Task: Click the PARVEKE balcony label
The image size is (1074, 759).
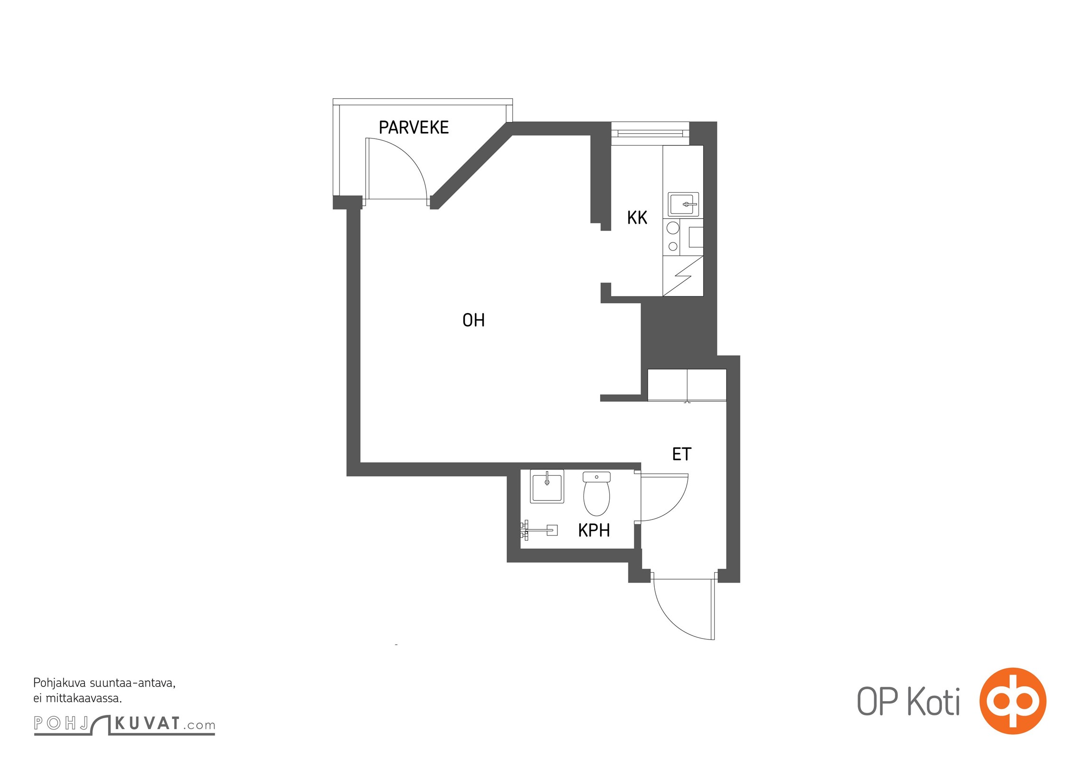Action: click(414, 128)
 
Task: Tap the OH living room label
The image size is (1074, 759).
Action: click(473, 320)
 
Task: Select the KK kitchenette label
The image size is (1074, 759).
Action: click(637, 218)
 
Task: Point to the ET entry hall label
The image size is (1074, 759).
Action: click(682, 454)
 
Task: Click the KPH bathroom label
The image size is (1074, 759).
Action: click(594, 530)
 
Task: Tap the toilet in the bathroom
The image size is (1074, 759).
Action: click(596, 494)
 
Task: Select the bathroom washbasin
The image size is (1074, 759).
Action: click(547, 486)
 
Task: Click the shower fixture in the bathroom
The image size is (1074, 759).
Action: click(539, 530)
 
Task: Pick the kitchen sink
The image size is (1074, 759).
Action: click(683, 204)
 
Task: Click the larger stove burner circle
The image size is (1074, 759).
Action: click(673, 228)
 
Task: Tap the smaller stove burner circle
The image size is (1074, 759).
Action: click(673, 247)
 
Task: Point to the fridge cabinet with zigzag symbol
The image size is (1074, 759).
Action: click(683, 276)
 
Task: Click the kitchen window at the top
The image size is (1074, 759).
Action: click(650, 133)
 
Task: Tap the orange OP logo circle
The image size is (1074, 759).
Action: click(1013, 701)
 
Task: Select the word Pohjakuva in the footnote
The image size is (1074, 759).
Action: click(60, 684)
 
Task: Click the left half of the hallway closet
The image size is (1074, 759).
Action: click(668, 385)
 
